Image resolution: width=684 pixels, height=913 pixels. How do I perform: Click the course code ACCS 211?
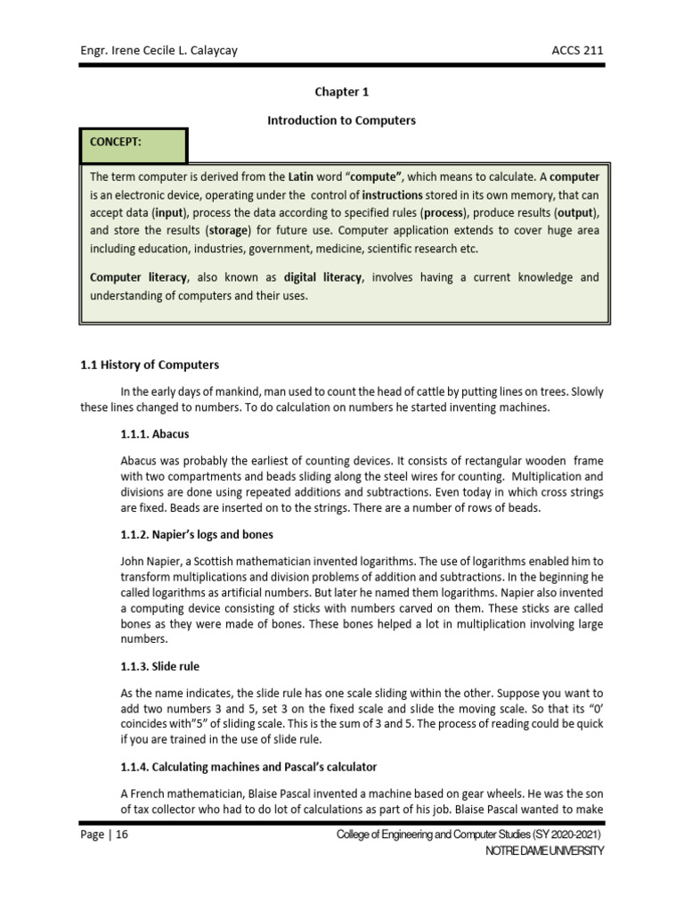click(x=577, y=50)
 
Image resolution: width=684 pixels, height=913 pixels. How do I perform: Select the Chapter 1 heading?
click(x=341, y=92)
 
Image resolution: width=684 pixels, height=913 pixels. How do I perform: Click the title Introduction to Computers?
click(x=341, y=120)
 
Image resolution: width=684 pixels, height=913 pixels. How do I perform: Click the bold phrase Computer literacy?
click(x=137, y=277)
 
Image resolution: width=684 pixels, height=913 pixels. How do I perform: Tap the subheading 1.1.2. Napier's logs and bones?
click(x=196, y=535)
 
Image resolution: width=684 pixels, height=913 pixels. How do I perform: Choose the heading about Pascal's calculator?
click(x=248, y=768)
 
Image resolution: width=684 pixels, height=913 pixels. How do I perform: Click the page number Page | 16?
click(x=105, y=834)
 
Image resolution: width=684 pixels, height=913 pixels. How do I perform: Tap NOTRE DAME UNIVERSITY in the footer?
click(x=544, y=851)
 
